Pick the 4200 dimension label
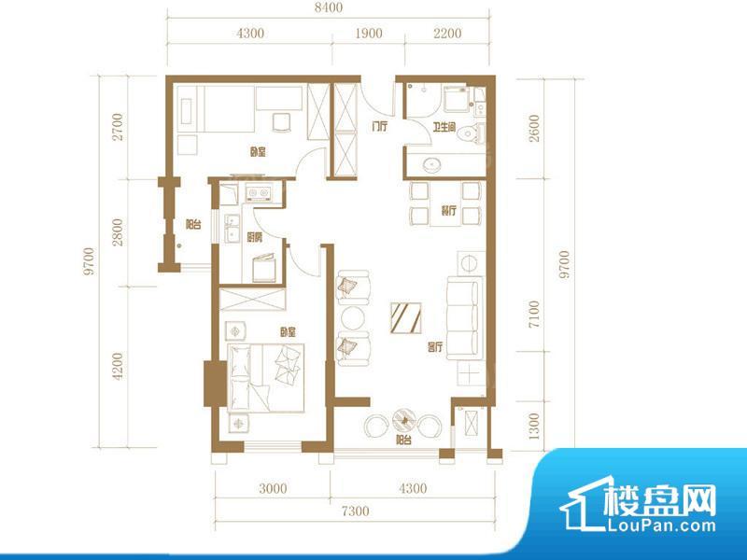click(x=118, y=364)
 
